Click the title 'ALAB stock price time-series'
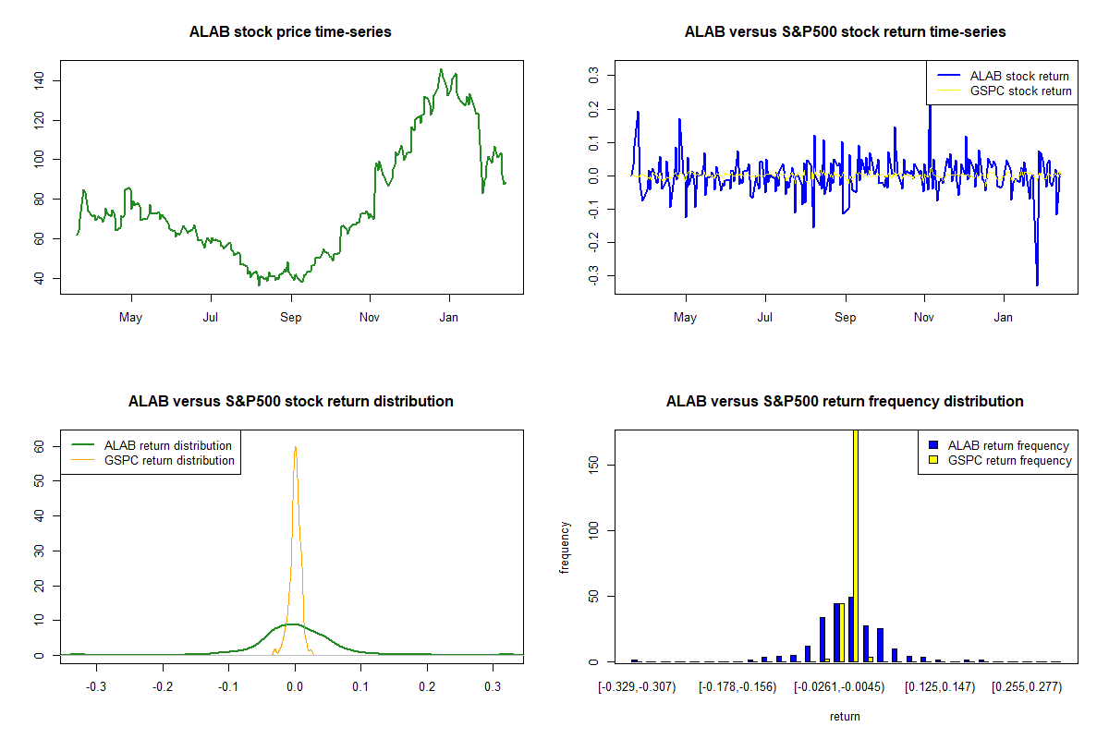point(290,32)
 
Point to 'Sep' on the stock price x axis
point(291,318)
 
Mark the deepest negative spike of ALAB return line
point(1037,285)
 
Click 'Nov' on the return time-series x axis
point(924,318)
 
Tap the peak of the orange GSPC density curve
point(296,447)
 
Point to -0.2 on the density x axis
point(163,687)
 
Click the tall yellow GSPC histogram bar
point(856,545)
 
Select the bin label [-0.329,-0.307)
point(638,687)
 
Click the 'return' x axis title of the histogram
point(845,716)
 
